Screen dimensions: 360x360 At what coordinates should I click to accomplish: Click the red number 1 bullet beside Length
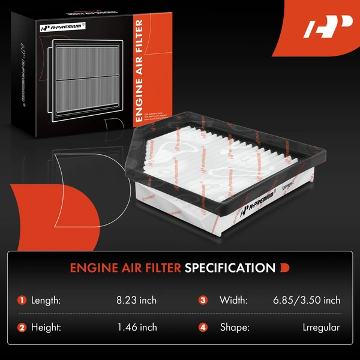(22, 300)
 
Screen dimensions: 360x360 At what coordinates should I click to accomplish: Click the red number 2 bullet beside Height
(22, 328)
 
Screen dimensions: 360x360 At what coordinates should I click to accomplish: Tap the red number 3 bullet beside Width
(203, 300)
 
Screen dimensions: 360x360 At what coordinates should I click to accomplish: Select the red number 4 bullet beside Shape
(203, 328)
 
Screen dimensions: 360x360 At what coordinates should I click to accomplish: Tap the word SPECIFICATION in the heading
(229, 267)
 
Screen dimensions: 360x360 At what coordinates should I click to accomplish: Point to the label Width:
(232, 300)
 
